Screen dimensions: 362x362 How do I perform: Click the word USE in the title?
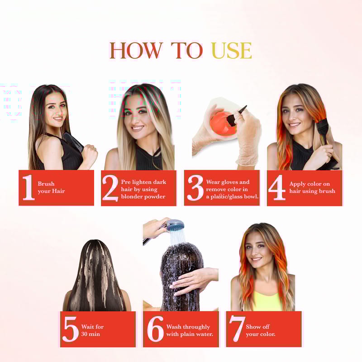232,50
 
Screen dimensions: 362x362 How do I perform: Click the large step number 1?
29,187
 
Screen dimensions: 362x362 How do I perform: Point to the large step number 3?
195,188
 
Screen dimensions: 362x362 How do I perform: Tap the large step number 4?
277,187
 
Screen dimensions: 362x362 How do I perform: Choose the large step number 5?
71,329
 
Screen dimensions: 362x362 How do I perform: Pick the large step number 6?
155,329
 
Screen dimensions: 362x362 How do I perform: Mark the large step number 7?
237,329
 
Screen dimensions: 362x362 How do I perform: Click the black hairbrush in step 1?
73,142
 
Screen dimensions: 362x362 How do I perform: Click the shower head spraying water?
175,225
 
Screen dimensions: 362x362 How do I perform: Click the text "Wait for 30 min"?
92,330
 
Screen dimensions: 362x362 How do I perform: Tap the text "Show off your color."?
261,330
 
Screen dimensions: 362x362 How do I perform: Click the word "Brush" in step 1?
46,184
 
